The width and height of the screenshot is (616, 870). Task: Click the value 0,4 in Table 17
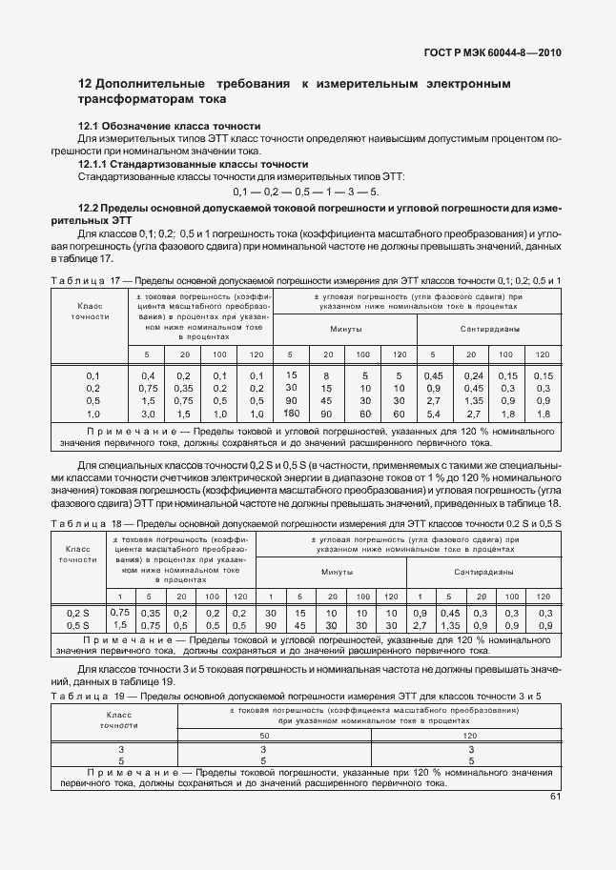pyautogui.click(x=148, y=375)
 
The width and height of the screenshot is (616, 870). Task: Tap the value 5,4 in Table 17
pyautogui.click(x=434, y=415)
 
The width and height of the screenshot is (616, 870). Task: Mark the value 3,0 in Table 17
pyautogui.click(x=148, y=415)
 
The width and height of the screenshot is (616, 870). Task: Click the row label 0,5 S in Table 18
pyautogui.click(x=79, y=625)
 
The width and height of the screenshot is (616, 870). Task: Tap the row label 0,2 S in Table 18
pyautogui.click(x=79, y=613)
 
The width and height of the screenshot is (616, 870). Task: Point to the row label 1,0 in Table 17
pyautogui.click(x=93, y=415)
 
